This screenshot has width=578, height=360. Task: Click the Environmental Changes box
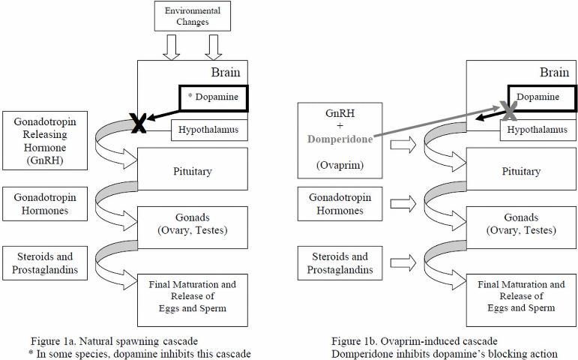coord(193,16)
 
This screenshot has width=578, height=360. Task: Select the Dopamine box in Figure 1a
coord(213,98)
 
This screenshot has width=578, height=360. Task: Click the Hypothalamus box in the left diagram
coord(208,130)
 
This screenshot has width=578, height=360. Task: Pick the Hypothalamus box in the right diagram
coord(538,130)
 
